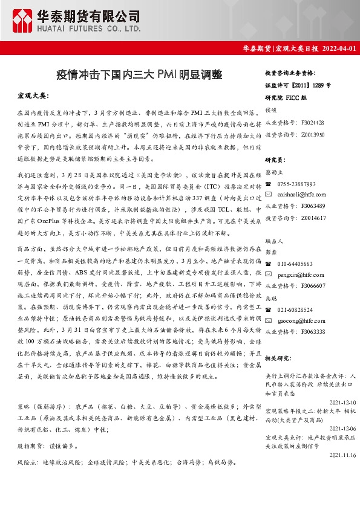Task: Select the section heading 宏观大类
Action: [33, 96]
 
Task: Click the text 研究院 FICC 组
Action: [286, 97]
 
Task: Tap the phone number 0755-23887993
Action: [296, 184]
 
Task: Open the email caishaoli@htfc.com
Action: [301, 195]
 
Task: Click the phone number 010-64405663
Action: [295, 264]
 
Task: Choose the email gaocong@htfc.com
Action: [301, 320]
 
